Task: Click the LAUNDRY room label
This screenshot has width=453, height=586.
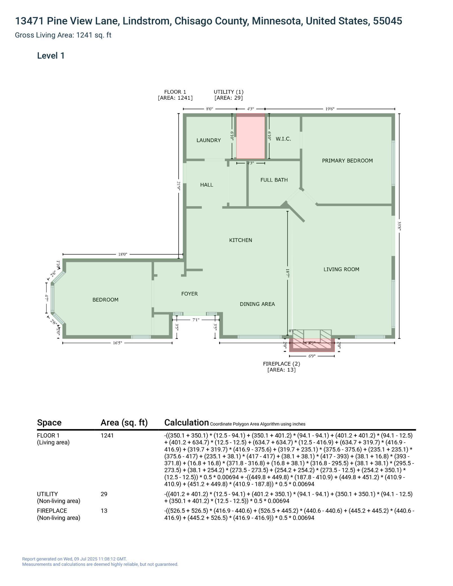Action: [x=209, y=140]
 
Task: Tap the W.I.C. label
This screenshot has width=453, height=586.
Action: [x=283, y=139]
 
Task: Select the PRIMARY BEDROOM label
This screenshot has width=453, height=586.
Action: [x=347, y=161]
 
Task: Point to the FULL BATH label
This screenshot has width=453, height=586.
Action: [x=274, y=180]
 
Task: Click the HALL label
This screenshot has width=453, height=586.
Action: [x=207, y=185]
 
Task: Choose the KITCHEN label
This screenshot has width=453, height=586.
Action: [x=240, y=240]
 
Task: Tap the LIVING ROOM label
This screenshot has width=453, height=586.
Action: [x=341, y=269]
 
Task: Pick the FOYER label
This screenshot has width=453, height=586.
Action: [x=189, y=294]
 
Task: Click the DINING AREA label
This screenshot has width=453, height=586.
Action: [x=257, y=304]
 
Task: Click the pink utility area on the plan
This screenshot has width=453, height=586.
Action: [x=250, y=136]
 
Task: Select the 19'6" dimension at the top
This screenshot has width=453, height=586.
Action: [x=330, y=109]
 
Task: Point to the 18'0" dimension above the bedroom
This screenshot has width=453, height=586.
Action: [x=122, y=254]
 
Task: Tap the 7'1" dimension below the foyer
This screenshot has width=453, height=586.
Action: [x=196, y=320]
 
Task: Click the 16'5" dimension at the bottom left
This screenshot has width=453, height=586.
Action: [x=117, y=343]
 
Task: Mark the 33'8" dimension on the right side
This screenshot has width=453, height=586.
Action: [x=399, y=226]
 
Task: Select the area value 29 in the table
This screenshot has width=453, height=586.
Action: [x=104, y=494]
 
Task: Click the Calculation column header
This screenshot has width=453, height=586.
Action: [x=186, y=423]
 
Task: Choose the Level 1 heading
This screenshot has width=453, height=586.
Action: [x=51, y=56]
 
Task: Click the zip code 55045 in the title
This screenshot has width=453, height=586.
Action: [x=387, y=21]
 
